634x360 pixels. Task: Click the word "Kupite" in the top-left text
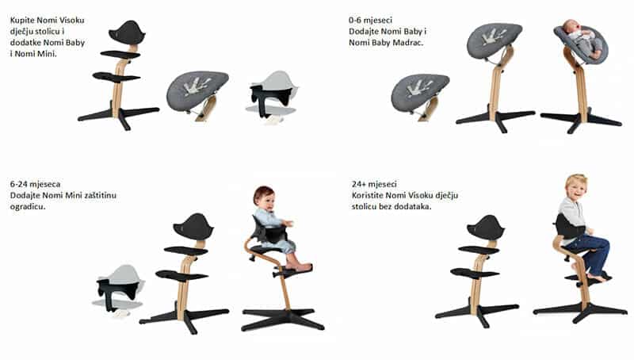coord(22,21)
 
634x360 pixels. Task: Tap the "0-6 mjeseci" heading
coord(370,20)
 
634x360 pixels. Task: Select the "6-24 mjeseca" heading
coord(35,184)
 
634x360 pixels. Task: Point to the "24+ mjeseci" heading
coord(374,184)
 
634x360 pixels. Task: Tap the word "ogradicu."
coord(28,207)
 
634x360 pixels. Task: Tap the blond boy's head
coord(576,187)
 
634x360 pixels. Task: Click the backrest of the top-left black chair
coord(127,33)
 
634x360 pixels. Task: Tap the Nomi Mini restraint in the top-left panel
coord(271,97)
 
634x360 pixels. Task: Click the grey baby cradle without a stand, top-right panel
coord(421,93)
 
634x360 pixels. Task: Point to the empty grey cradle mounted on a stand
coord(494,40)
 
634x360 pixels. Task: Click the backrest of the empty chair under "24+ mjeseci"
coord(485,228)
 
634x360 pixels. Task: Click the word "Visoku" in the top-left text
coord(71,21)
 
